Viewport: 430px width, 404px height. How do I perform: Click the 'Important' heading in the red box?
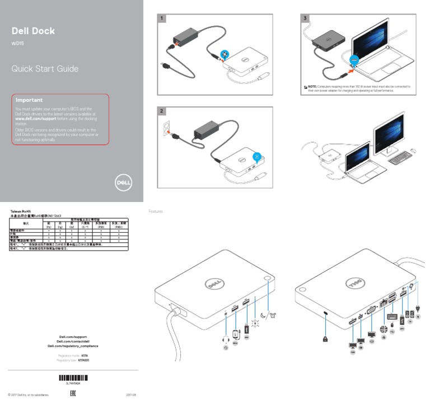[29, 100]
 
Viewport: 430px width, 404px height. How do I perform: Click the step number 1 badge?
[162, 18]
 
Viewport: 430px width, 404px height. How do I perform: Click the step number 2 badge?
[162, 111]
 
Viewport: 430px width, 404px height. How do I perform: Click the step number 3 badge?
[305, 18]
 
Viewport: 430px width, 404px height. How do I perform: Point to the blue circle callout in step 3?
[353, 59]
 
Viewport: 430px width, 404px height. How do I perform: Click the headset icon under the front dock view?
[226, 339]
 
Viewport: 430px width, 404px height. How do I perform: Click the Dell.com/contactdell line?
[72, 341]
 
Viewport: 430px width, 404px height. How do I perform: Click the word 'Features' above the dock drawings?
[156, 212]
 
